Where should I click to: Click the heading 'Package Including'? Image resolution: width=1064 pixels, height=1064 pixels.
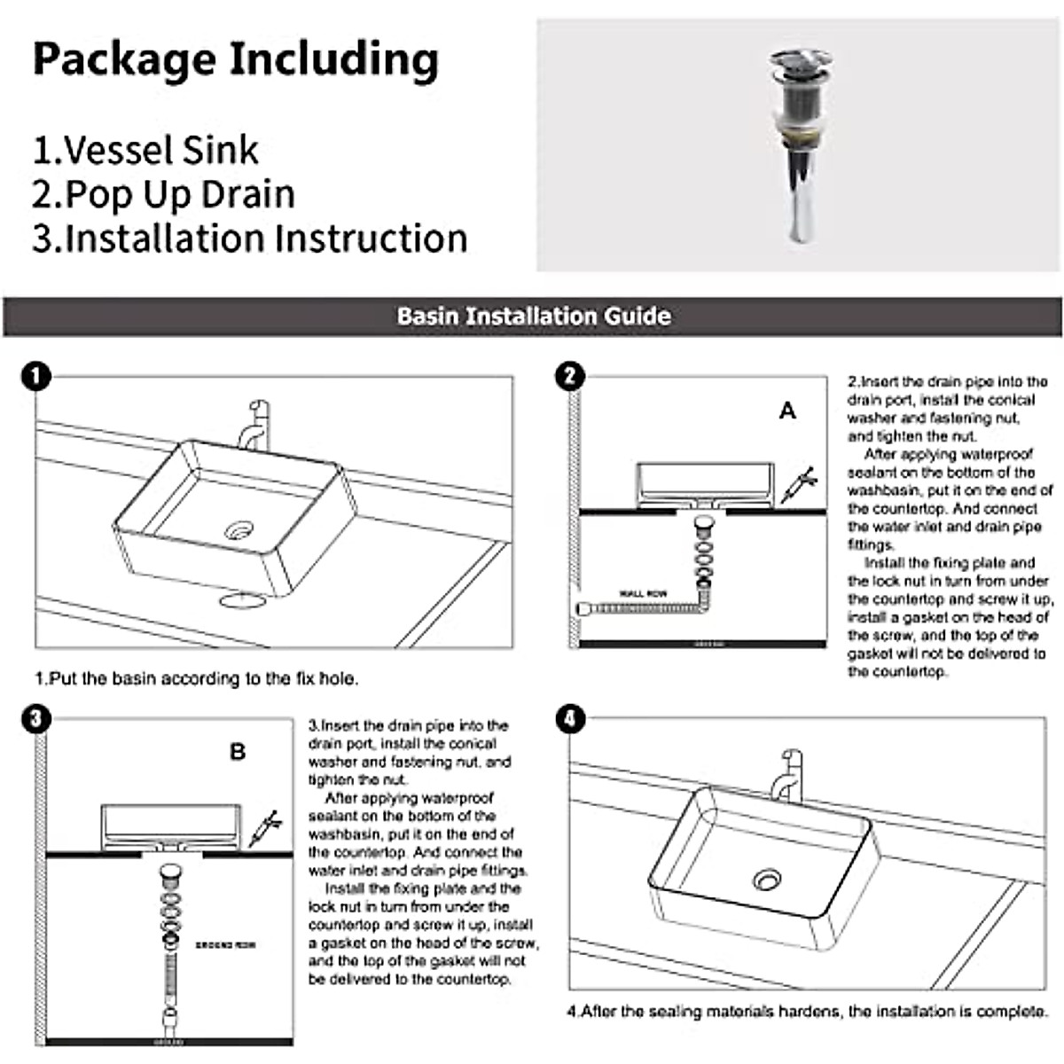pyautogui.click(x=236, y=59)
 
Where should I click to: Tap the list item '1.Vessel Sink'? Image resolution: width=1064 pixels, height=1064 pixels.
pyautogui.click(x=145, y=150)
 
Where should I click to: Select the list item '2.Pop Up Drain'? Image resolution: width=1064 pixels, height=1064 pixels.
pyautogui.click(x=163, y=194)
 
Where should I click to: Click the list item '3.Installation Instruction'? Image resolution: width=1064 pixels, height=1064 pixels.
pyautogui.click(x=250, y=239)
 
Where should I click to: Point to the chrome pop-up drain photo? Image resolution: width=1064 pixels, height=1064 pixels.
pyautogui.click(x=799, y=145)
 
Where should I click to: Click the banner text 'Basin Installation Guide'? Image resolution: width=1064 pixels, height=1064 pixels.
pyautogui.click(x=533, y=317)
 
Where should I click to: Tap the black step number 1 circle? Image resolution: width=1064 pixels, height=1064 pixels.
pyautogui.click(x=35, y=376)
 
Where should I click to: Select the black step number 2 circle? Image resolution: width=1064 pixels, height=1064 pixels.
pyautogui.click(x=569, y=376)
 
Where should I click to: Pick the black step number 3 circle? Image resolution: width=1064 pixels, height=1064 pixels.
pyautogui.click(x=35, y=717)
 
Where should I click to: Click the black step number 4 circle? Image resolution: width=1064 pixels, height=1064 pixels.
pyautogui.click(x=569, y=717)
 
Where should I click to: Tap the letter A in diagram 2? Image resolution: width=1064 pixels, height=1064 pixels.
pyautogui.click(x=787, y=411)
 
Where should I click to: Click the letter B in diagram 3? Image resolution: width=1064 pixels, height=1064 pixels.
pyautogui.click(x=238, y=752)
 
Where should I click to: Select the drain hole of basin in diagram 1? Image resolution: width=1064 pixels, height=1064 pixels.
pyautogui.click(x=239, y=531)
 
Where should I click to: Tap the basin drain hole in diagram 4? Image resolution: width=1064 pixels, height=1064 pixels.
pyautogui.click(x=767, y=880)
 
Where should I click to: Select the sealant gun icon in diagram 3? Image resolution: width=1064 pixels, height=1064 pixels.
pyautogui.click(x=264, y=827)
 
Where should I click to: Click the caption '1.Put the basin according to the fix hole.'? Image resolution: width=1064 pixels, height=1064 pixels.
pyautogui.click(x=196, y=679)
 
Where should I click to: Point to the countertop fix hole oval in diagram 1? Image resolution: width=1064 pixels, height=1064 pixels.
pyautogui.click(x=242, y=600)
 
